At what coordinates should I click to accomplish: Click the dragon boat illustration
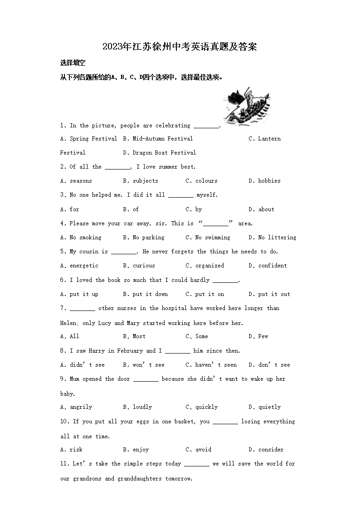[x=247, y=104]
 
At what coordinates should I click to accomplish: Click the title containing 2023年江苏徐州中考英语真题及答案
[x=180, y=47]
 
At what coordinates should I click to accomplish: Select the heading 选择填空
[x=73, y=63]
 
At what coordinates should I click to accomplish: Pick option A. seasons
[x=76, y=181]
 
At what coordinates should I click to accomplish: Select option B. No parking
[x=144, y=238]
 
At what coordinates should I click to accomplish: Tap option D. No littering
[x=272, y=238]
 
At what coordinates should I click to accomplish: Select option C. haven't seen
[x=211, y=365]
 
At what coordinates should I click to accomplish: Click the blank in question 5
[x=123, y=252]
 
